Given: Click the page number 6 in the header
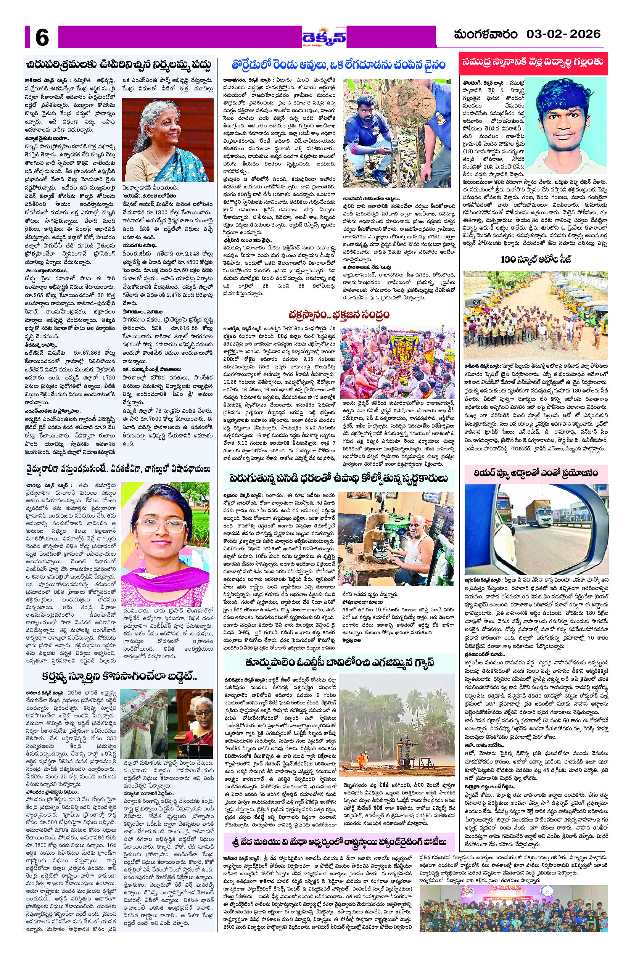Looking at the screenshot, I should click(42, 38).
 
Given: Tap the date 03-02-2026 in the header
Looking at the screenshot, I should click(563, 34).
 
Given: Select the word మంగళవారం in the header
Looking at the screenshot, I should click(485, 35).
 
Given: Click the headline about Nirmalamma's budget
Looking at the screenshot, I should click(119, 66).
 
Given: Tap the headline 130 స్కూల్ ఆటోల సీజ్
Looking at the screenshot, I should click(536, 259).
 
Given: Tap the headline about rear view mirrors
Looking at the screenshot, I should click(536, 473).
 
